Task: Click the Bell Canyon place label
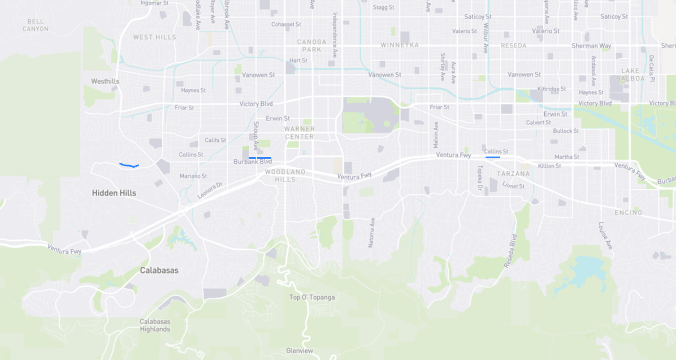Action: click(x=35, y=25)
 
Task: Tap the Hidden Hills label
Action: click(x=114, y=193)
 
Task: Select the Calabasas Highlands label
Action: click(x=155, y=326)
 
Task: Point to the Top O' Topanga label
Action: click(x=311, y=297)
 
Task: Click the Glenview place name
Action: click(x=299, y=351)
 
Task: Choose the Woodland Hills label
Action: click(x=285, y=175)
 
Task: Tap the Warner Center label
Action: click(x=299, y=133)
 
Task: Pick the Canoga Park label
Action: click(x=311, y=45)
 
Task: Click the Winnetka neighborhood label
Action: click(x=400, y=45)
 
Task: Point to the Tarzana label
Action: click(x=513, y=174)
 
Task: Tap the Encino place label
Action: click(x=629, y=212)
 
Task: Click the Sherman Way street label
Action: click(x=591, y=46)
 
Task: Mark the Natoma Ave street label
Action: click(x=371, y=232)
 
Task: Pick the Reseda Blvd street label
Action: click(x=510, y=250)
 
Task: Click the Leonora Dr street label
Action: click(x=210, y=190)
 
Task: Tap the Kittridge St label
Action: click(x=552, y=89)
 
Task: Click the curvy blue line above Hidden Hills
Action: click(x=129, y=165)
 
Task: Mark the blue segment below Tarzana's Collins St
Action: click(x=492, y=157)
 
